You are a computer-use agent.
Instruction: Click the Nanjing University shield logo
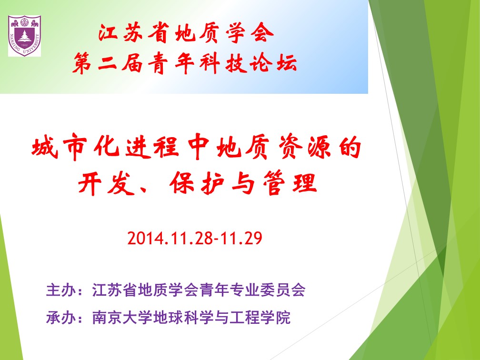point(24,36)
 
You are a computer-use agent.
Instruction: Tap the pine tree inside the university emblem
point(24,36)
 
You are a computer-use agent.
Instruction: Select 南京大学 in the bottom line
point(122,317)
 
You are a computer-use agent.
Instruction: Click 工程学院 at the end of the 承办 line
point(260,317)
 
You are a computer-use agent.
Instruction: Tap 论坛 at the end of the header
point(273,63)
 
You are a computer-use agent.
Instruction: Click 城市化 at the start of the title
point(75,147)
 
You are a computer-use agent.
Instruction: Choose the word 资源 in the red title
point(305,147)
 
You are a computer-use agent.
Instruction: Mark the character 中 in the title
point(199,147)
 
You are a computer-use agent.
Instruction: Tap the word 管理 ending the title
point(290,183)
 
